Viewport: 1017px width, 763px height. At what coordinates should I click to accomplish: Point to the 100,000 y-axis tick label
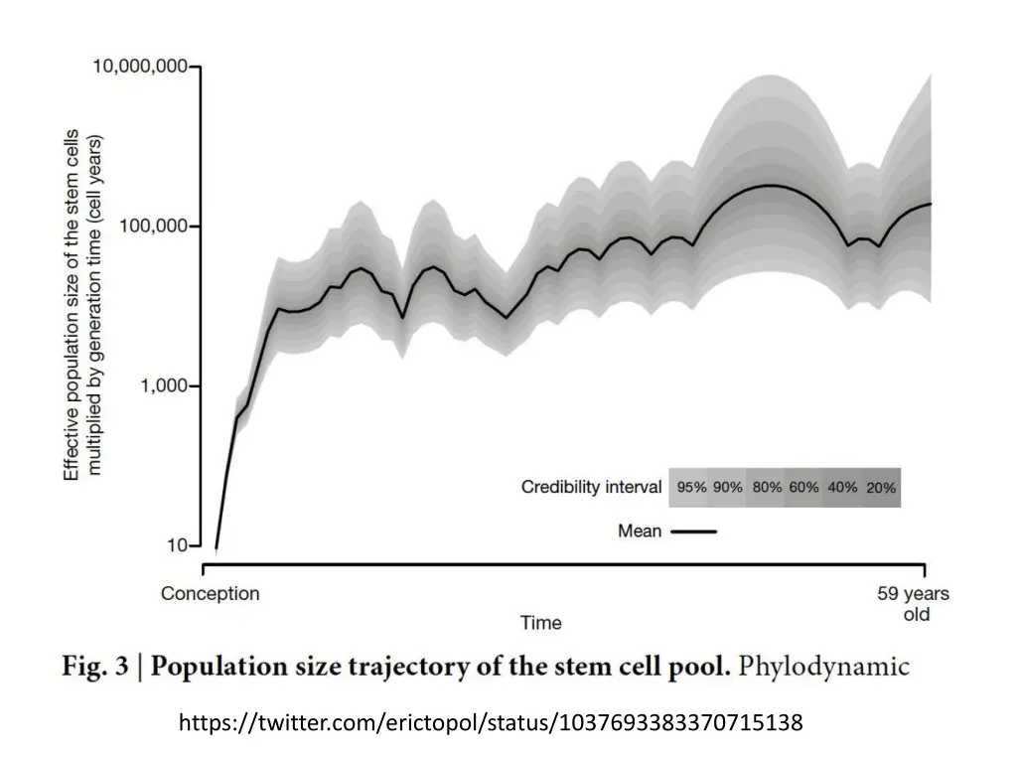pos(153,227)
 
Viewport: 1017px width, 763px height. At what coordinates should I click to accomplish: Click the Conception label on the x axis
pos(211,594)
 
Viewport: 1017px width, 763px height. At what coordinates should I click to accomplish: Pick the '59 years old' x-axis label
pos(913,604)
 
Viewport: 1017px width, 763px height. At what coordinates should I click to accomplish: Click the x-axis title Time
pos(541,623)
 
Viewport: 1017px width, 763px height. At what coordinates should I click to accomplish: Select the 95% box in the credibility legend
pos(691,488)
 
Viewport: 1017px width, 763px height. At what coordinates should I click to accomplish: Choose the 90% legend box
pos(728,488)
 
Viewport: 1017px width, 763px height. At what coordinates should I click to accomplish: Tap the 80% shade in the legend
pos(767,488)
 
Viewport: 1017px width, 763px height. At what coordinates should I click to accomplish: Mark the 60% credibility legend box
pos(804,488)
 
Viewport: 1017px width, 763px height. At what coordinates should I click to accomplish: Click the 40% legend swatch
pos(842,488)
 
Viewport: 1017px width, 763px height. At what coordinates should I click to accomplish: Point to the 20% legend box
pos(881,488)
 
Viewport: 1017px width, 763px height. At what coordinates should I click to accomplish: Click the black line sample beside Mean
pos(694,532)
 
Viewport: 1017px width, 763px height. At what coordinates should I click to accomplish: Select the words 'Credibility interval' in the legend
pos(592,487)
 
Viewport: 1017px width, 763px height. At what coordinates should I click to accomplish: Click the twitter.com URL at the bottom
pos(491,722)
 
